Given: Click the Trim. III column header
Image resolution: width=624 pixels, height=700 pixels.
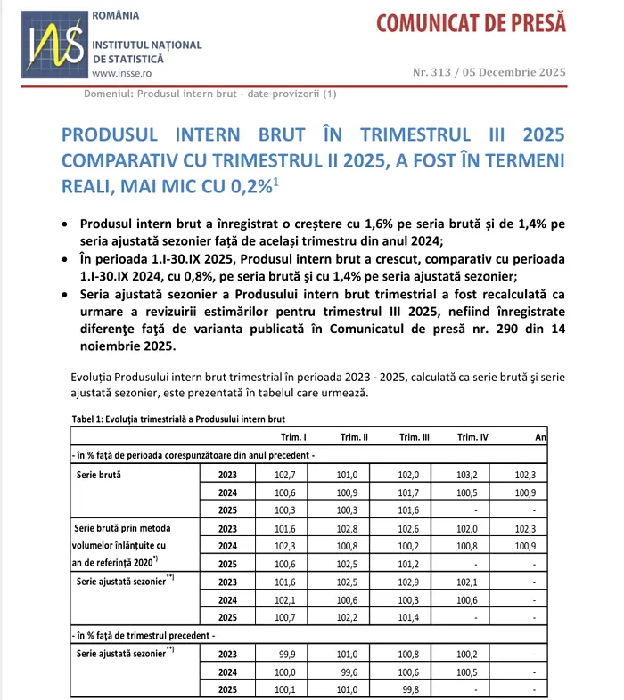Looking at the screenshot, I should pyautogui.click(x=414, y=436).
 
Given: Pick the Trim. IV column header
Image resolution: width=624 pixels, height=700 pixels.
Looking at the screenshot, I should pyautogui.click(x=472, y=436).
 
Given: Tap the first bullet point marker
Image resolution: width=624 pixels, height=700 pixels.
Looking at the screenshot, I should pyautogui.click(x=66, y=224).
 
